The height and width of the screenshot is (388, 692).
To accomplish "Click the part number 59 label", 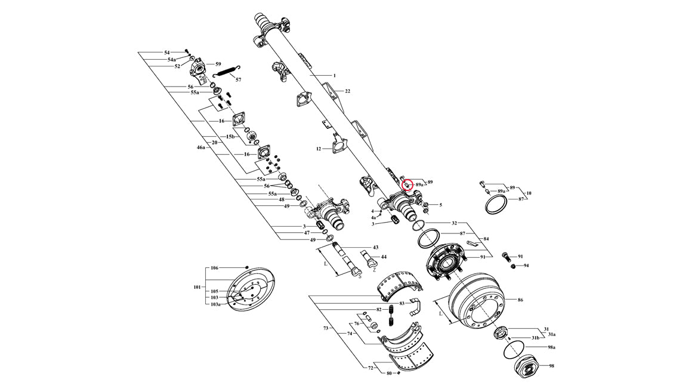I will pos(218,64).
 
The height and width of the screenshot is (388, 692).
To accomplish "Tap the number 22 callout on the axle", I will pos(347,91).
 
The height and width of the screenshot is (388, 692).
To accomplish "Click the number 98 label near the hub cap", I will pos(551,366).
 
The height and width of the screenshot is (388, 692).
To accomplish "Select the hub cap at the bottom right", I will pos(527,366).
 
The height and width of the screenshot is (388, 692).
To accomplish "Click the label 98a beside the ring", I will pos(551,347).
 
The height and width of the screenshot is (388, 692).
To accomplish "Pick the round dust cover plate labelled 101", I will pos(251,290).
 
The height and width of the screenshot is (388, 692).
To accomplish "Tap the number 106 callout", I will pos(215,268).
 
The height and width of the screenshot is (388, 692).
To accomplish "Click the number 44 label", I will pos(384,257).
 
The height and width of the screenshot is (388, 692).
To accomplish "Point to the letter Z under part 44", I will pos(374,269).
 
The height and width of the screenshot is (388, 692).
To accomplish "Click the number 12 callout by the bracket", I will pos(319,149).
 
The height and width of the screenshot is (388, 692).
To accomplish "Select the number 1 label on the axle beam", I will pos(335,76).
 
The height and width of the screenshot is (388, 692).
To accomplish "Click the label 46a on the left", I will pos(201,146).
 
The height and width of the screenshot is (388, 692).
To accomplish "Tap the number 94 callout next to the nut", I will pos(526,266).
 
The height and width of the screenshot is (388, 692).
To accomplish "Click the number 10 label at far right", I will pos(529,193).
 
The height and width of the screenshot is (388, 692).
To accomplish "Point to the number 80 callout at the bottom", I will pos(389,373).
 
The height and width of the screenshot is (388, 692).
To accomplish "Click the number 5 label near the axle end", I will pos(440,205).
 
